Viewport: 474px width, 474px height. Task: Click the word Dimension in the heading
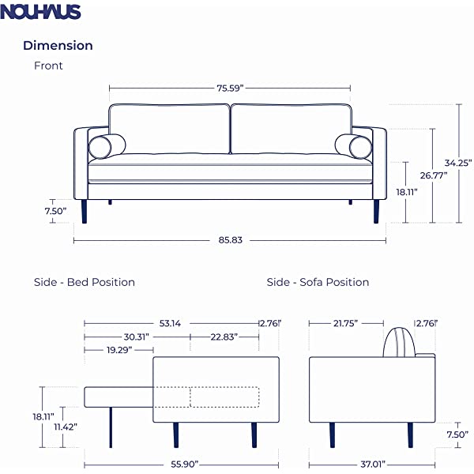click(58, 46)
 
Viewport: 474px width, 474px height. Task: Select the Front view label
click(48, 66)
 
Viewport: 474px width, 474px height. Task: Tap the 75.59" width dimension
click(229, 88)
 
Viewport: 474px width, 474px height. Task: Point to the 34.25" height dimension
click(457, 163)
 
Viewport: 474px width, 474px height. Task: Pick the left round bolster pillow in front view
click(106, 146)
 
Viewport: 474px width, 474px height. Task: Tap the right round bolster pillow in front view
click(353, 146)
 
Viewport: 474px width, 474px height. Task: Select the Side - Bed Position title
click(85, 282)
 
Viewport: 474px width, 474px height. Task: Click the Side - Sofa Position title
click(318, 282)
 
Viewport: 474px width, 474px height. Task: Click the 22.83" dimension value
click(224, 337)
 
